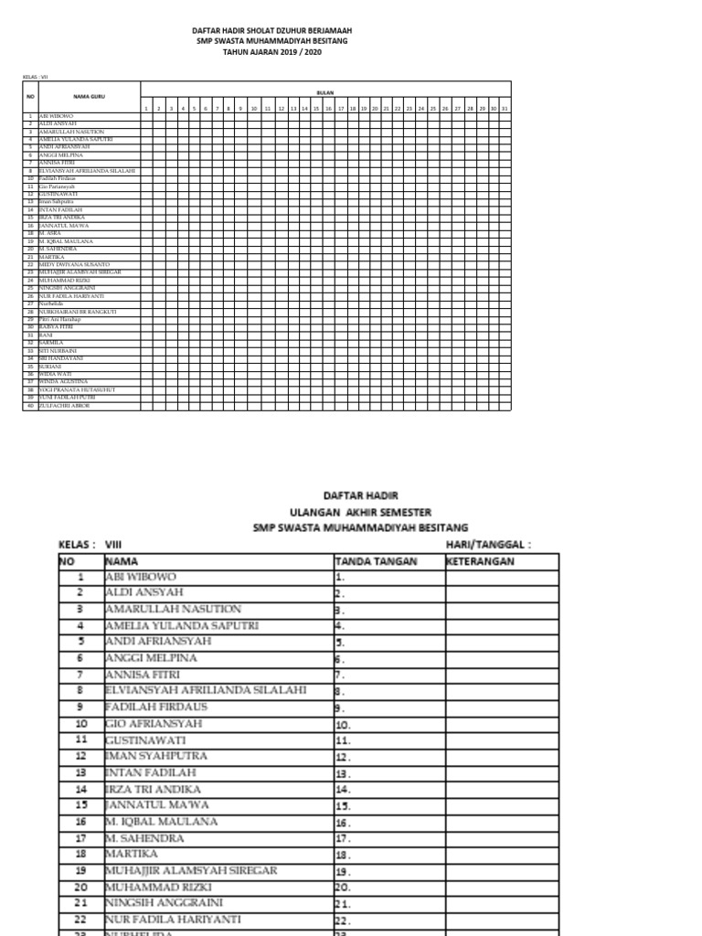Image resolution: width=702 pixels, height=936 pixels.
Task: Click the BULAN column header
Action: coord(325,93)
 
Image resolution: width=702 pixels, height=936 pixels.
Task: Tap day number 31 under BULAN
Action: coord(505,109)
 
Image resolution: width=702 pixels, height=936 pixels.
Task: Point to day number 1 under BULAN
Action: coord(147,109)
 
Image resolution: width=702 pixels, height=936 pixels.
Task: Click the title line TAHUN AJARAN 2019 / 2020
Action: coord(272,52)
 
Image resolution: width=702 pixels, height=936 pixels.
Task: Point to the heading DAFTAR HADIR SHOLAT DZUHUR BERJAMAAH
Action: coord(272,30)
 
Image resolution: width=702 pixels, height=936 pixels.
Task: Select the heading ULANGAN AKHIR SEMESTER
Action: coord(360,512)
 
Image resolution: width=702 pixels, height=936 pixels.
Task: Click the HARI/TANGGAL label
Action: coord(488,545)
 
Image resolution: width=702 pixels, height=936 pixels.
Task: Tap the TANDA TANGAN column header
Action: coord(377,561)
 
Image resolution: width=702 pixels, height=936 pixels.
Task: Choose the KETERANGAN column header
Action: coord(481,561)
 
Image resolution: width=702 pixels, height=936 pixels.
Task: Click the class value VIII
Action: coord(113,545)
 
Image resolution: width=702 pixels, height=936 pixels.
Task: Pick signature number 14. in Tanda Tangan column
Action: coord(343,788)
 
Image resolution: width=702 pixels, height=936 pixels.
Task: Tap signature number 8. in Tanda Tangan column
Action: coord(339,690)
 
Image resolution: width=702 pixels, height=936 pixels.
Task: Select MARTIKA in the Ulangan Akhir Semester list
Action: coord(132,854)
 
